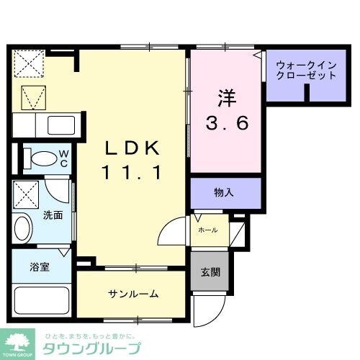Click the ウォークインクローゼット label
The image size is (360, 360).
[x=306, y=70]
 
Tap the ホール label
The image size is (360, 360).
[x=208, y=230]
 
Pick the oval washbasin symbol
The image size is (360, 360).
[x=22, y=231]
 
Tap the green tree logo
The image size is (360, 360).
[x=19, y=340]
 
